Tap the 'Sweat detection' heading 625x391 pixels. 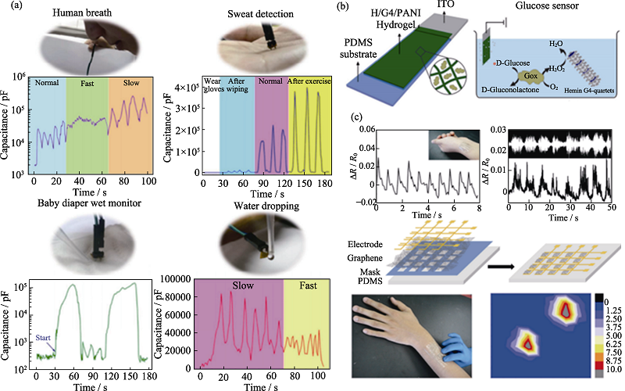click(253, 13)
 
